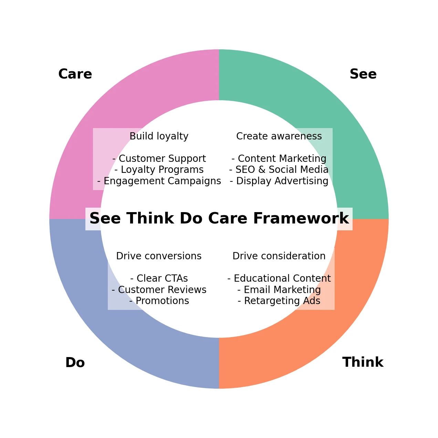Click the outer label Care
point(75,74)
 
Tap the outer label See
point(363,74)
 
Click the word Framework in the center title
point(301,218)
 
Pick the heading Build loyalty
point(159,136)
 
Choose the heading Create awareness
point(279,136)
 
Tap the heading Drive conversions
point(159,256)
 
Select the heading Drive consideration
point(279,256)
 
